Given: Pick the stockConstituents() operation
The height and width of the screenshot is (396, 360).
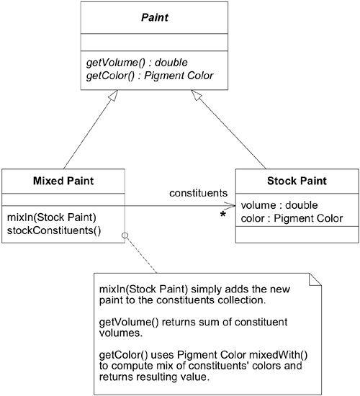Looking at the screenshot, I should pos(45,230).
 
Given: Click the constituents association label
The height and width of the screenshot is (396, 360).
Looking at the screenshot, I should pos(198,193).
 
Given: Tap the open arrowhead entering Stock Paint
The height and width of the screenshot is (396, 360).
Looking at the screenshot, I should pos(231,206).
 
